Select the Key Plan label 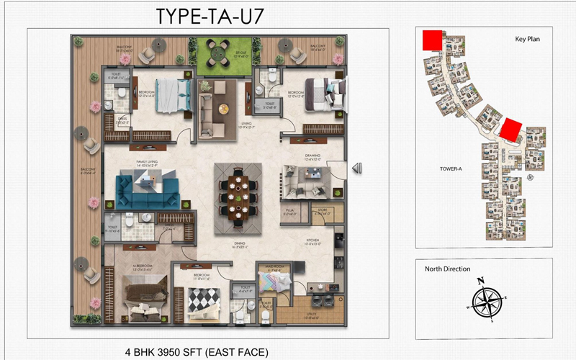[x=527, y=40]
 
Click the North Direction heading [x=446, y=269]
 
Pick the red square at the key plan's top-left [x=431, y=40]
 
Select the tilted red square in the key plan [x=511, y=130]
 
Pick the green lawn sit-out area [x=217, y=51]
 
